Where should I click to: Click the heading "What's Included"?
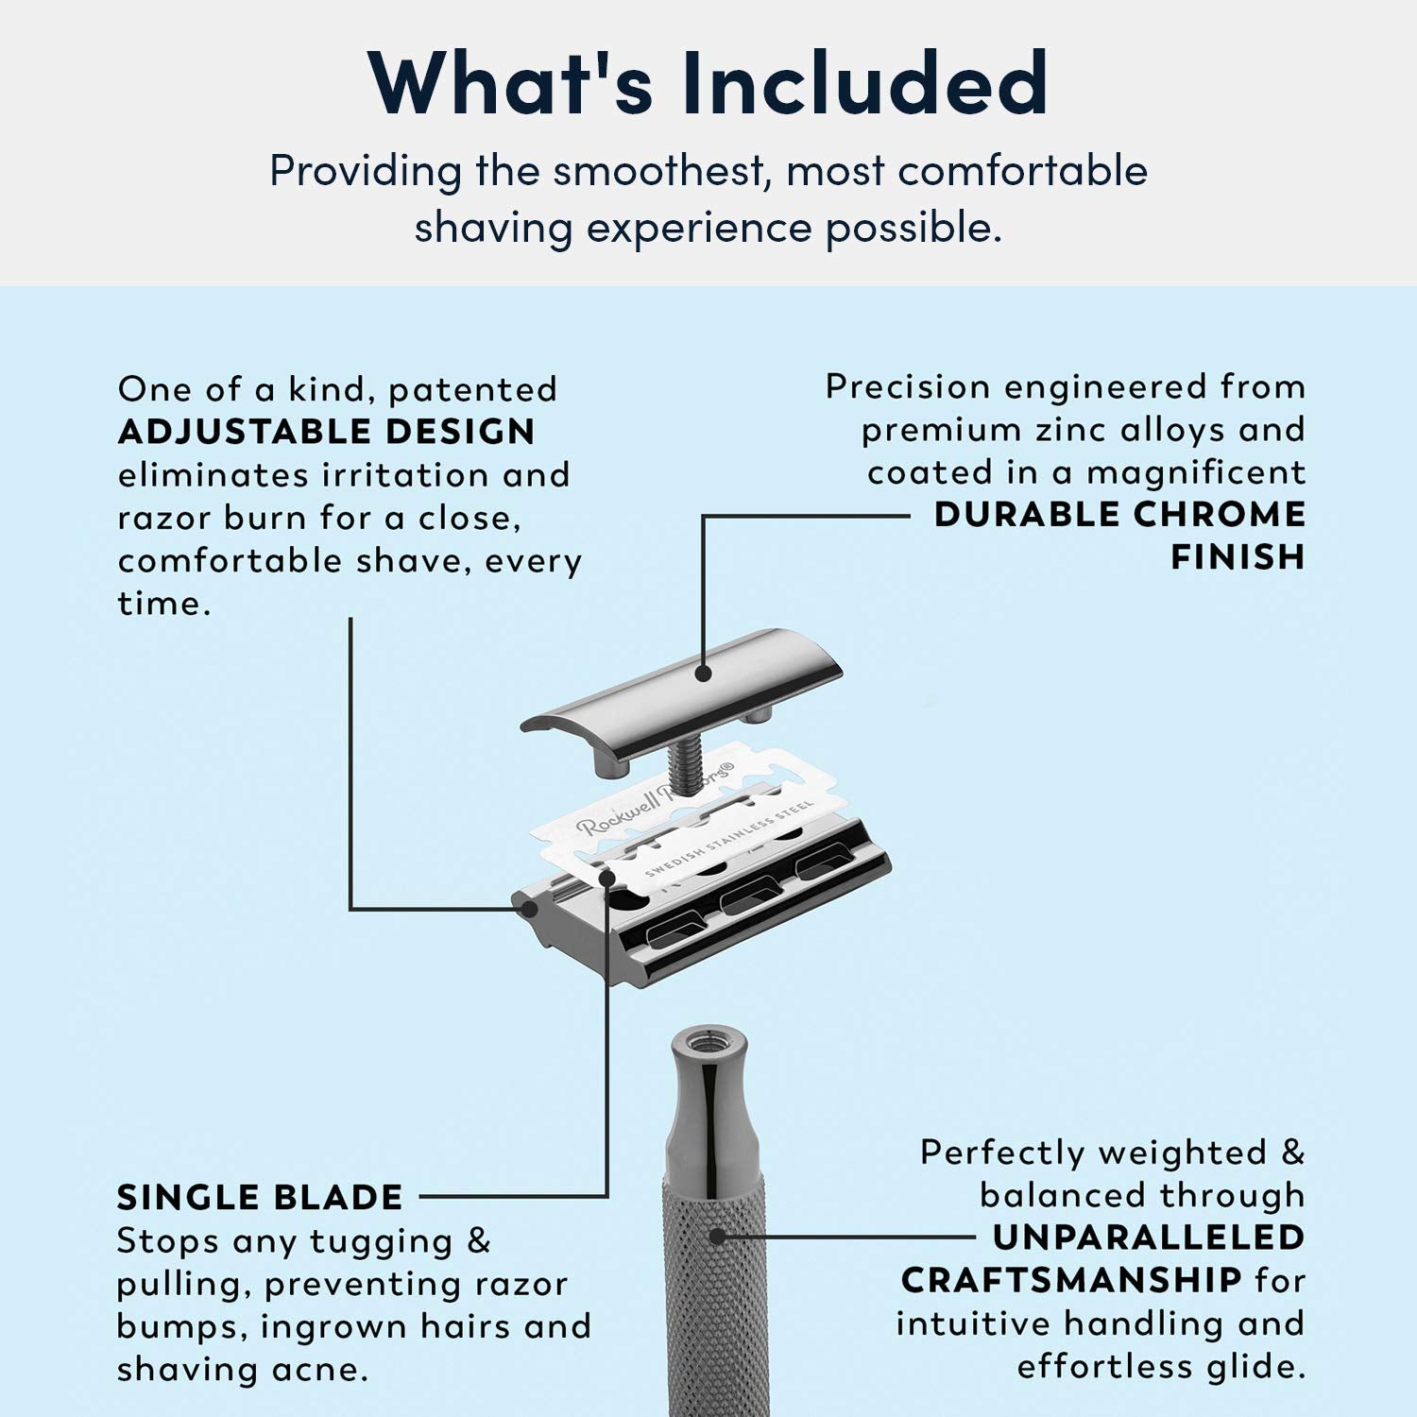pos(708,83)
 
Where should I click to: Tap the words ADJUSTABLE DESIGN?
pos(327,432)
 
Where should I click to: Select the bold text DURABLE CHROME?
pos(1119,515)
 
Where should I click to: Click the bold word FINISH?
pos(1238,557)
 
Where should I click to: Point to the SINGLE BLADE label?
pos(260,1198)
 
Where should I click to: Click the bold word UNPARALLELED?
pos(1149,1238)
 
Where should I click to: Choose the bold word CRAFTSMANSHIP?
pos(1071,1281)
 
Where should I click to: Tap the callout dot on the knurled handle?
pos(717,1236)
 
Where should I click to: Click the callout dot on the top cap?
pos(702,674)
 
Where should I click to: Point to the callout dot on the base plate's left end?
pos(530,909)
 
